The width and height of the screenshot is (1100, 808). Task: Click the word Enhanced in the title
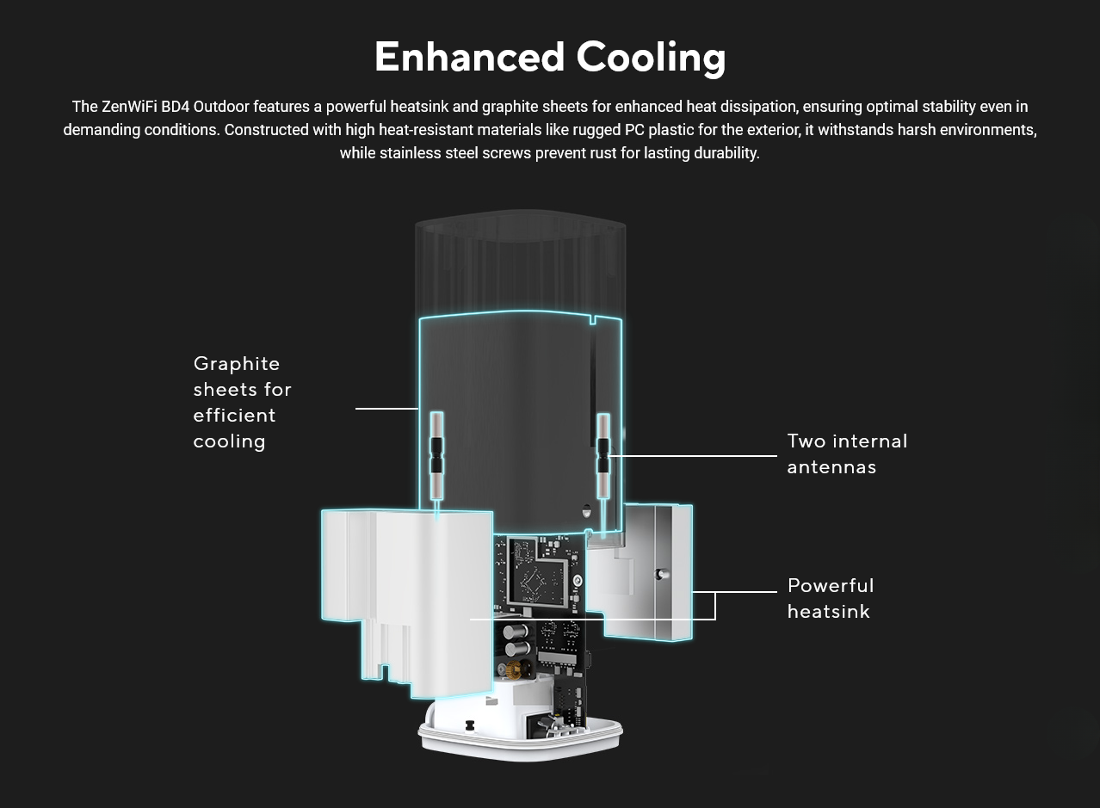pos(469,57)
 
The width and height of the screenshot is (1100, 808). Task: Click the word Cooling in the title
pos(651,57)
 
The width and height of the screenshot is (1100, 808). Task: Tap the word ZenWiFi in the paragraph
pos(129,107)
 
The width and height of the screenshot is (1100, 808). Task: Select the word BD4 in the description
pos(175,107)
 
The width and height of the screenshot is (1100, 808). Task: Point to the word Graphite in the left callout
pos(237,364)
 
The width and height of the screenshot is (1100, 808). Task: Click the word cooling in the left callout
pos(229,441)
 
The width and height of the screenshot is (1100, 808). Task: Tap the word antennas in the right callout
pos(831,467)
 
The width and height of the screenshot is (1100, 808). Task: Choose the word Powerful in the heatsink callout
pos(831,586)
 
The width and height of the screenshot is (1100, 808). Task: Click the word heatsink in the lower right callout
pos(828,612)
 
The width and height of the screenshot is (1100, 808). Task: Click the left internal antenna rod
pos(436,456)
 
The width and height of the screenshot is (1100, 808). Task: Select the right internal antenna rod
pos(603,456)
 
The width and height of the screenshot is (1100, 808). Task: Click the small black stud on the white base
pos(470,725)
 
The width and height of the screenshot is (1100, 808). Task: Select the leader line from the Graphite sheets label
pos(386,409)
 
